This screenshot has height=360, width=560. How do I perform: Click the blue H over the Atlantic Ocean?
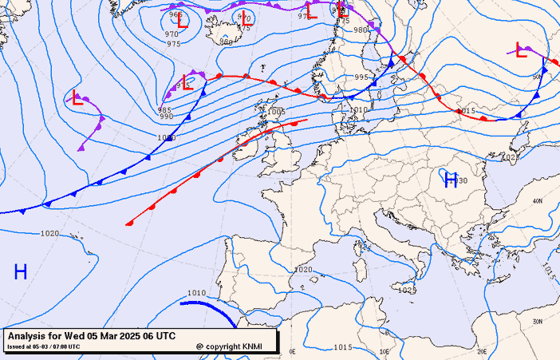[21, 272]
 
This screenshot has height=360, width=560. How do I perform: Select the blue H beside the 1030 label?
[451, 179]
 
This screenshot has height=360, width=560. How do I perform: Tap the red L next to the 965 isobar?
[183, 22]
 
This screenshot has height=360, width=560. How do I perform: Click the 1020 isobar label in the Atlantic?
[49, 234]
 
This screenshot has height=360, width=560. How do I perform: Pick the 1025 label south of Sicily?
[408, 290]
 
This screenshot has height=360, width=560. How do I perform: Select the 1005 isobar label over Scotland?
[276, 113]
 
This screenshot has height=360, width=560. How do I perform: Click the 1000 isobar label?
[166, 138]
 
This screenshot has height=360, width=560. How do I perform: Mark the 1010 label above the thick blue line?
[196, 293]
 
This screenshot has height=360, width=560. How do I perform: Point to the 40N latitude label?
[537, 201]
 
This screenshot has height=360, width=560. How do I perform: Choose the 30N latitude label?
[538, 322]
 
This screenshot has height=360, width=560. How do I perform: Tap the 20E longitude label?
[481, 350]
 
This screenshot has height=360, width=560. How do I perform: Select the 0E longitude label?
[292, 351]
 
